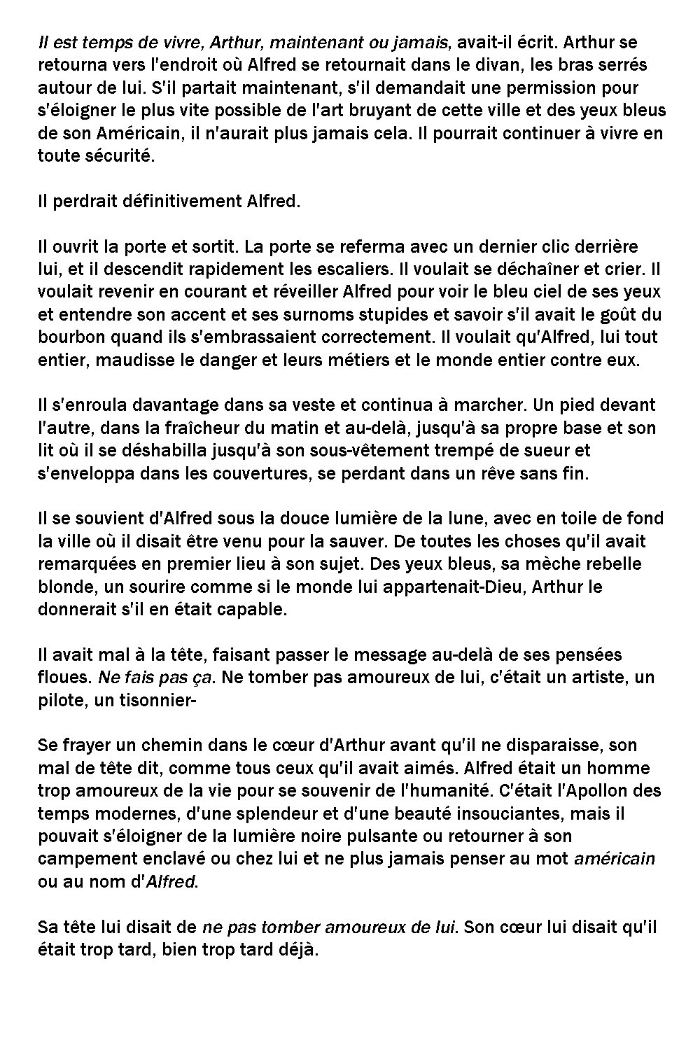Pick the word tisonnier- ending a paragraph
148,700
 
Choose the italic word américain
614,859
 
